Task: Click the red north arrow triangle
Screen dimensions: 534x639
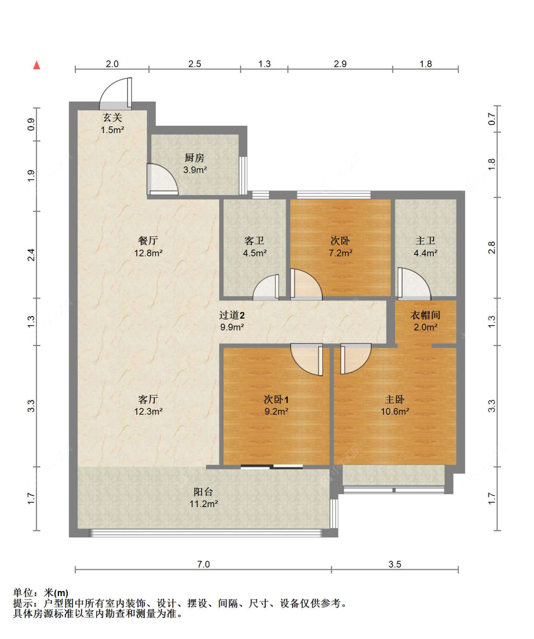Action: pyautogui.click(x=37, y=65)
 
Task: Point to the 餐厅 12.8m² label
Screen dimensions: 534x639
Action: pyautogui.click(x=148, y=247)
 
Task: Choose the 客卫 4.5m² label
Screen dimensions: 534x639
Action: pyautogui.click(x=254, y=247)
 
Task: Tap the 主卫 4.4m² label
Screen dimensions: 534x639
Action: pyautogui.click(x=425, y=247)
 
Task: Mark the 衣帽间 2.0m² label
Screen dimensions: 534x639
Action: pyautogui.click(x=425, y=321)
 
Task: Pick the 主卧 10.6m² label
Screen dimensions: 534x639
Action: pyautogui.click(x=395, y=405)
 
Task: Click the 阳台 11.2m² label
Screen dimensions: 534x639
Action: pyautogui.click(x=204, y=498)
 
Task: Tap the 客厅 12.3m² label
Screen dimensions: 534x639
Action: pyautogui.click(x=148, y=405)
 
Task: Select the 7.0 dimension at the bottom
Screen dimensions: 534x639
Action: pyautogui.click(x=204, y=564)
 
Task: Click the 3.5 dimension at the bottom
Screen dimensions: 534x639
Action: pyautogui.click(x=395, y=564)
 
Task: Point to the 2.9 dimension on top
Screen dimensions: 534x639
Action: pyautogui.click(x=340, y=64)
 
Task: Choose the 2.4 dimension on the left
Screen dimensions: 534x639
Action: pyautogui.click(x=31, y=255)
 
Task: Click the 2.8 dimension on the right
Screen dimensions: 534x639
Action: pyautogui.click(x=491, y=248)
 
